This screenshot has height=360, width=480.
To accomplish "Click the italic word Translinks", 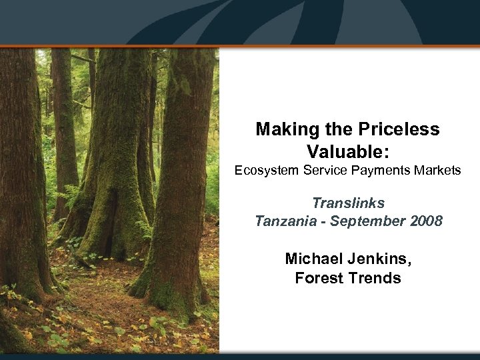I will [348, 202].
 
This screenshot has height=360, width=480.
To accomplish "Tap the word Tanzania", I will [283, 221].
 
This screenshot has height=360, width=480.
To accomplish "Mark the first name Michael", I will [311, 258].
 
